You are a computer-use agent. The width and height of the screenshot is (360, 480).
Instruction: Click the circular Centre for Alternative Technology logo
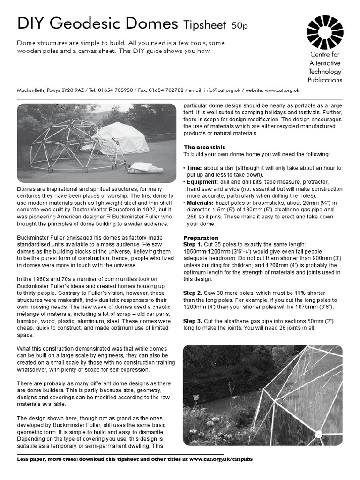(324, 32)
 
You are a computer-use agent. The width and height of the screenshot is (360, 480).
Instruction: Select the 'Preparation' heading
(201, 238)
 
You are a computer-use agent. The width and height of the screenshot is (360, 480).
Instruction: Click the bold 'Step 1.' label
(193, 245)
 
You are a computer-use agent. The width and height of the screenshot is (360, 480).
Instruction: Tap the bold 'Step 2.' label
(193, 293)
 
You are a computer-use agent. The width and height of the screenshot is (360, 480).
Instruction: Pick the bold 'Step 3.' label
(193, 321)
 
